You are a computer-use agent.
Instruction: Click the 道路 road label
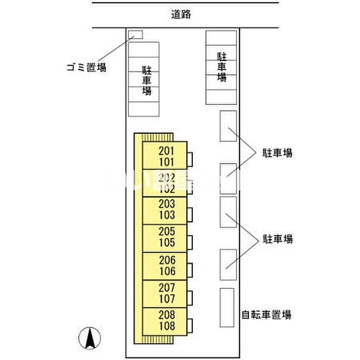point(182,15)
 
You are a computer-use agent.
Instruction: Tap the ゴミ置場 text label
point(86,67)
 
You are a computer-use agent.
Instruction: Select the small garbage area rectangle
point(135,34)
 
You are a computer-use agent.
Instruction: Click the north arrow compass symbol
point(88,338)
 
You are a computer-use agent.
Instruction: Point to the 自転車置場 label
point(267,315)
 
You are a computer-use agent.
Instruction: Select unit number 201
point(167,151)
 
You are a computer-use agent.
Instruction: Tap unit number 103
point(167,215)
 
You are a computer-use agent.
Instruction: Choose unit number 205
point(167,231)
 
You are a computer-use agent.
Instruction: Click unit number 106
point(167,271)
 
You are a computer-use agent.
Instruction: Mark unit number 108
point(167,326)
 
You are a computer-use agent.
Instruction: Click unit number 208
point(167,315)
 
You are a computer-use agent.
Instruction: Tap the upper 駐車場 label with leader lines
point(277,153)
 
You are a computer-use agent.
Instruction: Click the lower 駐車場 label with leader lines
point(277,239)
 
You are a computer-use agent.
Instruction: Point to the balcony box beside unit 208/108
point(190,326)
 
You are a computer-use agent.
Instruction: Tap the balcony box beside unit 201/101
point(190,158)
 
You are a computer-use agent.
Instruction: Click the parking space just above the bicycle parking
point(228,265)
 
